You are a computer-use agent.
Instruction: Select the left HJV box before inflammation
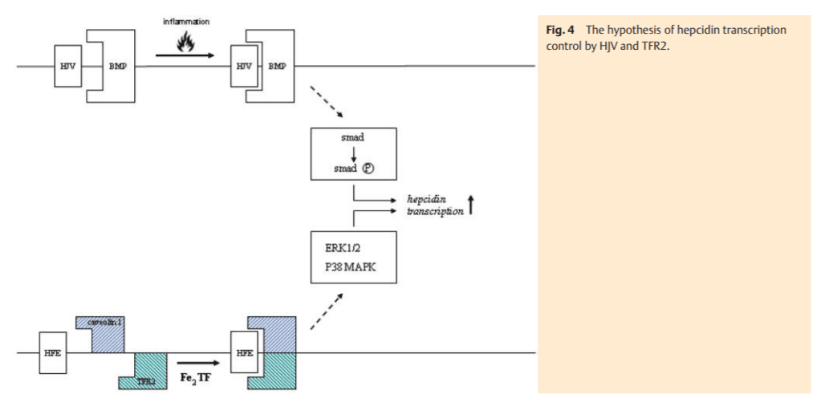[x=66, y=65]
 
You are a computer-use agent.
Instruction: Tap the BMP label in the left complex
[x=116, y=65]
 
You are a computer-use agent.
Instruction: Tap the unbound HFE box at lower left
[x=49, y=352]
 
